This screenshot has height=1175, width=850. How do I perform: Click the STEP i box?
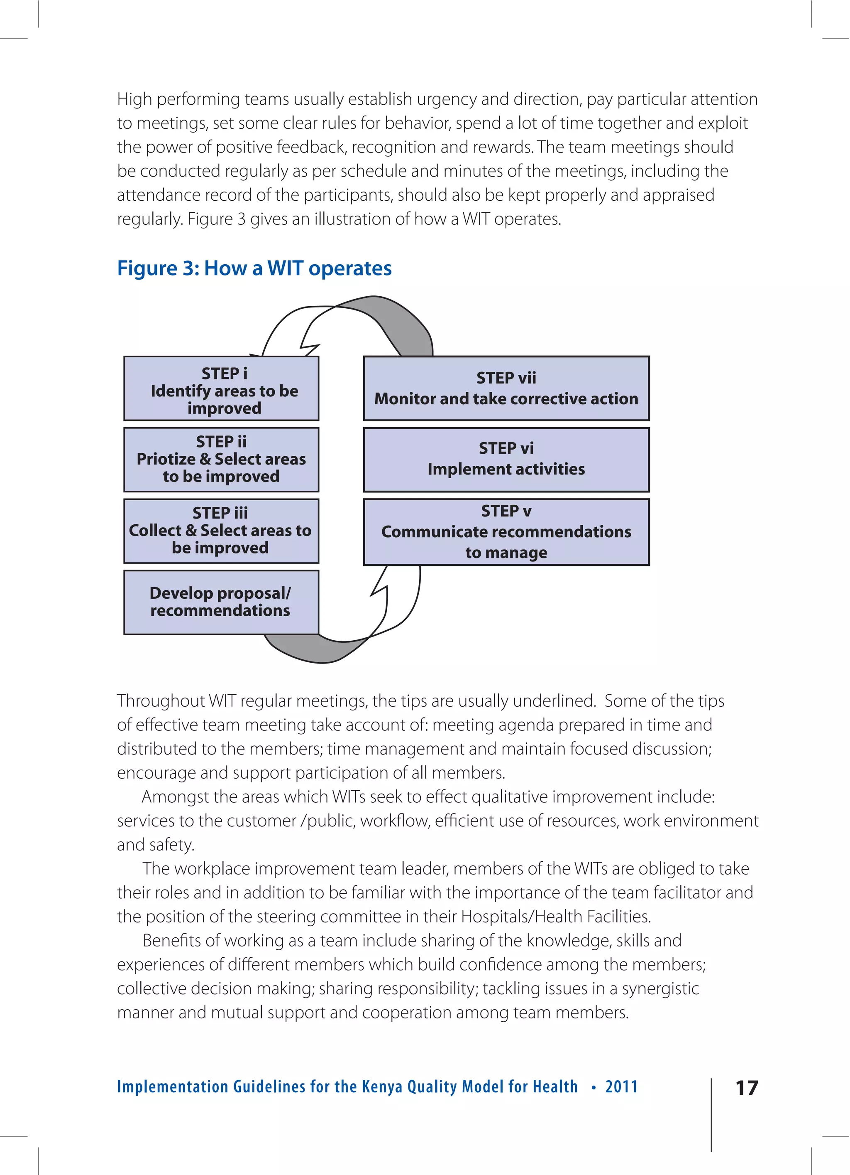click(x=221, y=388)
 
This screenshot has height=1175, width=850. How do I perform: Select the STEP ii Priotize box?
click(x=221, y=460)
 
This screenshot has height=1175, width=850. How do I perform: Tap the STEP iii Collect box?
click(x=221, y=531)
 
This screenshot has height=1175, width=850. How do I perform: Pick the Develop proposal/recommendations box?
click(x=221, y=602)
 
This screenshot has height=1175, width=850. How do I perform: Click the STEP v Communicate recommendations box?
click(x=506, y=532)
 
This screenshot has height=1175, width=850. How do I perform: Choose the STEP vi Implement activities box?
click(x=506, y=460)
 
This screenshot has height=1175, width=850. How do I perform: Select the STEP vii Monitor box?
click(x=506, y=388)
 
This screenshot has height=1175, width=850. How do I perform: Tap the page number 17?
click(x=747, y=1087)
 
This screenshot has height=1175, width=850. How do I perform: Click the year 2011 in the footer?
click(x=621, y=1087)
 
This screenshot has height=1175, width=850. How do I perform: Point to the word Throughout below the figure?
click(x=161, y=701)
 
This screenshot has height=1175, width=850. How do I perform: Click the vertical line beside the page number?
click(x=711, y=1114)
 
